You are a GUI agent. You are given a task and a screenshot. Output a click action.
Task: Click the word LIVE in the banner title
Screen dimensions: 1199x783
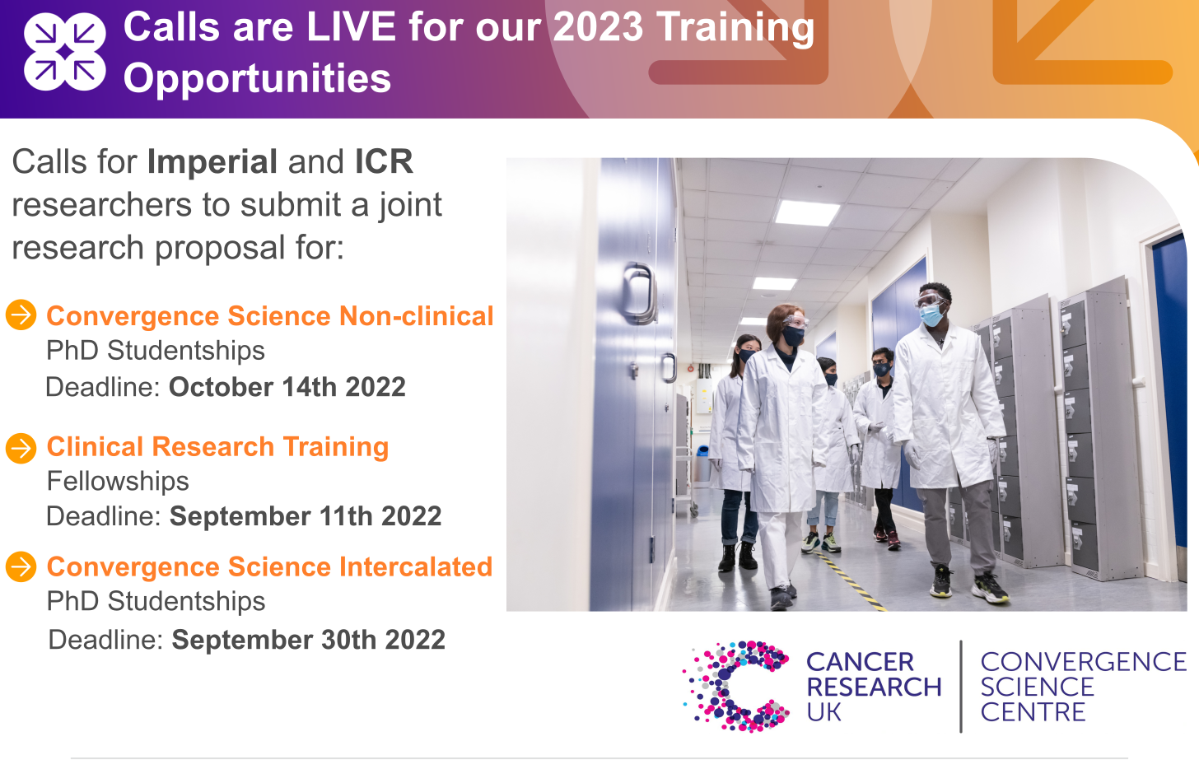point(351,27)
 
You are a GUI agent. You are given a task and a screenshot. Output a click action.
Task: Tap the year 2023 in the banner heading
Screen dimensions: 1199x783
point(597,27)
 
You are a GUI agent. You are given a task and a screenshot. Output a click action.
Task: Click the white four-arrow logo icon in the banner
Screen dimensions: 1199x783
point(65,52)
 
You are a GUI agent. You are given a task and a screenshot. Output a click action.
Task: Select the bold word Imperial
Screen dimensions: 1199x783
point(212,161)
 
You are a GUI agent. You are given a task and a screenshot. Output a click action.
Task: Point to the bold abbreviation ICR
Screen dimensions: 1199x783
point(384,161)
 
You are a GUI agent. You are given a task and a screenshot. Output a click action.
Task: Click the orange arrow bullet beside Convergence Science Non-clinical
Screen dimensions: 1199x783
point(21,315)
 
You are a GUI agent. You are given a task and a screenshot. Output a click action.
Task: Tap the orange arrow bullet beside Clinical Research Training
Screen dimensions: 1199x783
point(21,448)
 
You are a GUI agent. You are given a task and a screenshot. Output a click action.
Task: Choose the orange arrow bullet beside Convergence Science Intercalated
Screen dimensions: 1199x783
point(21,566)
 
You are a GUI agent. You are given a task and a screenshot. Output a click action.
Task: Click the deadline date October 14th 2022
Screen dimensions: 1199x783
point(287,387)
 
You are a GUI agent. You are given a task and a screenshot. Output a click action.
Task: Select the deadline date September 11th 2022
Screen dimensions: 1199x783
point(306,516)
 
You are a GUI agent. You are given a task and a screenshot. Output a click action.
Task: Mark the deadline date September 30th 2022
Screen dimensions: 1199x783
point(308,640)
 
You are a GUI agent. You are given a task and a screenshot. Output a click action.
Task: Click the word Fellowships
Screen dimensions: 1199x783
point(118,481)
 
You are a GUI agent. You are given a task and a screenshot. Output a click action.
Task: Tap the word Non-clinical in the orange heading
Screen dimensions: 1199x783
point(417,316)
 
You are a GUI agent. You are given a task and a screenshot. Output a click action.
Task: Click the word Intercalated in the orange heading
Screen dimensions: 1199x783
point(416,566)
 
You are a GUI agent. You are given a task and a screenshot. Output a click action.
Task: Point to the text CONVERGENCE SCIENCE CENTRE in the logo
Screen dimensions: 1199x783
point(1083,687)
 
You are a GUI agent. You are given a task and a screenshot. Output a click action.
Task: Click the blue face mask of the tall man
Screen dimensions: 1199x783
point(932,315)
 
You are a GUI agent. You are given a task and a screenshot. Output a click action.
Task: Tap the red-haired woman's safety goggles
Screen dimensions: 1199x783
point(795,322)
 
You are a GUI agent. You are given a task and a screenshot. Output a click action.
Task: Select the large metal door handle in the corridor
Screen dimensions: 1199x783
point(639,293)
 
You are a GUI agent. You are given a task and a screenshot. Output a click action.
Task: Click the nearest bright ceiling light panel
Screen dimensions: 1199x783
point(807,212)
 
